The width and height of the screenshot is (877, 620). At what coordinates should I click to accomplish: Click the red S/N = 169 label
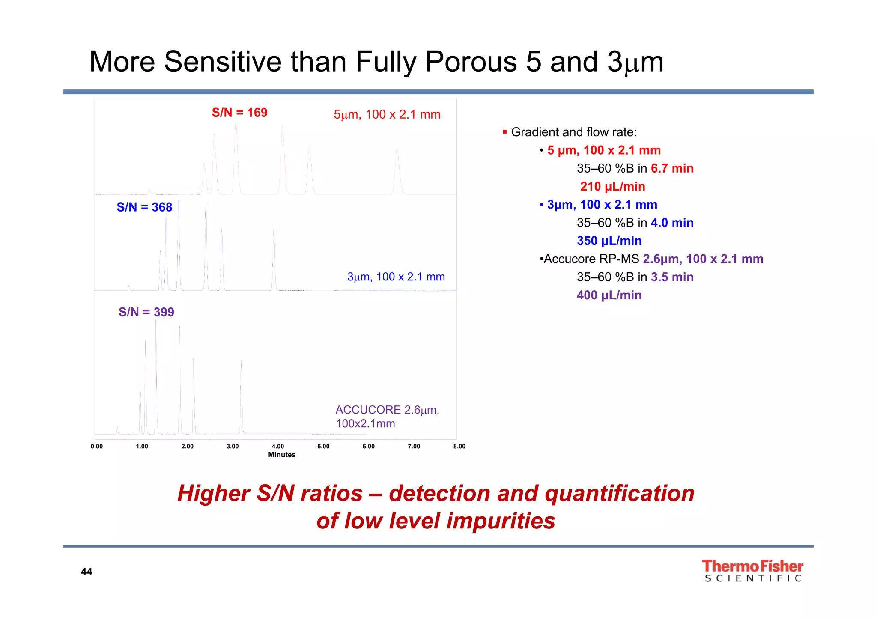(x=239, y=113)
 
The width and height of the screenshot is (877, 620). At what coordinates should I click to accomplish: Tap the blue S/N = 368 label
(x=144, y=207)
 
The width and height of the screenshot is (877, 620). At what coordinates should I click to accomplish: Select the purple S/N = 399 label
(x=146, y=312)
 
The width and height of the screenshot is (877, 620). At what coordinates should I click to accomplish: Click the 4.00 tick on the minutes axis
(x=278, y=446)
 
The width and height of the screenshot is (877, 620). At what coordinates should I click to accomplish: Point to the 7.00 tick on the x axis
(x=414, y=446)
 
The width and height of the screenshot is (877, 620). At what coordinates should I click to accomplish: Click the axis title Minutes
(x=282, y=455)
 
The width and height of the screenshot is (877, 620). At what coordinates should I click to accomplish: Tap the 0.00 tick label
(x=97, y=446)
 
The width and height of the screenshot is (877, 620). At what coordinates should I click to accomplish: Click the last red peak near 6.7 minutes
(x=397, y=171)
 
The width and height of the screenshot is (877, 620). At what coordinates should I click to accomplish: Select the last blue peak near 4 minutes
(x=274, y=257)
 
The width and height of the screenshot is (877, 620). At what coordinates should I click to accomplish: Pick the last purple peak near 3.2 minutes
(x=242, y=394)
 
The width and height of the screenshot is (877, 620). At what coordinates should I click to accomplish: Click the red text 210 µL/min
(x=612, y=187)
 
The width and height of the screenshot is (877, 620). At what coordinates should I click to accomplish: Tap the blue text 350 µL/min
(x=609, y=241)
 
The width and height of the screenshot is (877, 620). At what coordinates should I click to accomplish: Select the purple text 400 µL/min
(x=609, y=295)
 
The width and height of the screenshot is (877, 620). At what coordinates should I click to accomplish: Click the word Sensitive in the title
(x=223, y=62)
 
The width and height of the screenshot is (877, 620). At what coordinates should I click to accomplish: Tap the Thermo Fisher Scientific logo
(x=752, y=571)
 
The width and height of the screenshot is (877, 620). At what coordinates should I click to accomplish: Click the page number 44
(x=87, y=572)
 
